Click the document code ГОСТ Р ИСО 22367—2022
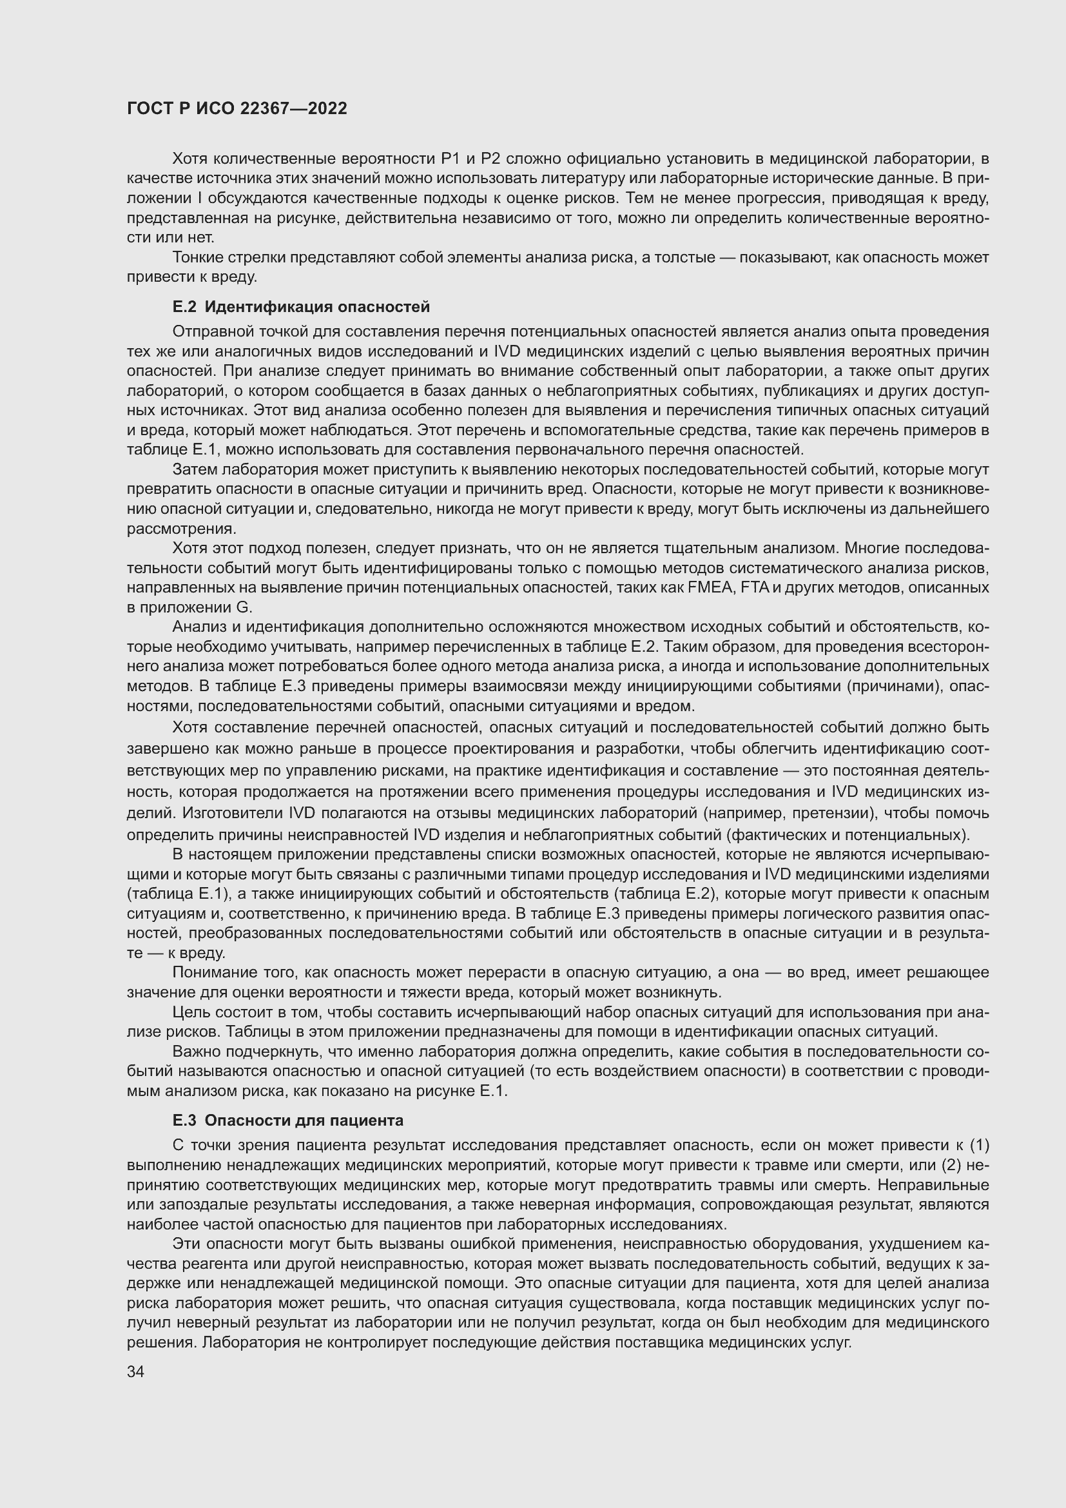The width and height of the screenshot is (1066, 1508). [237, 109]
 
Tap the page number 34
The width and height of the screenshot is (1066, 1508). [135, 1372]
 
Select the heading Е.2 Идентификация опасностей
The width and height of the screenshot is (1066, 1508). [300, 307]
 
